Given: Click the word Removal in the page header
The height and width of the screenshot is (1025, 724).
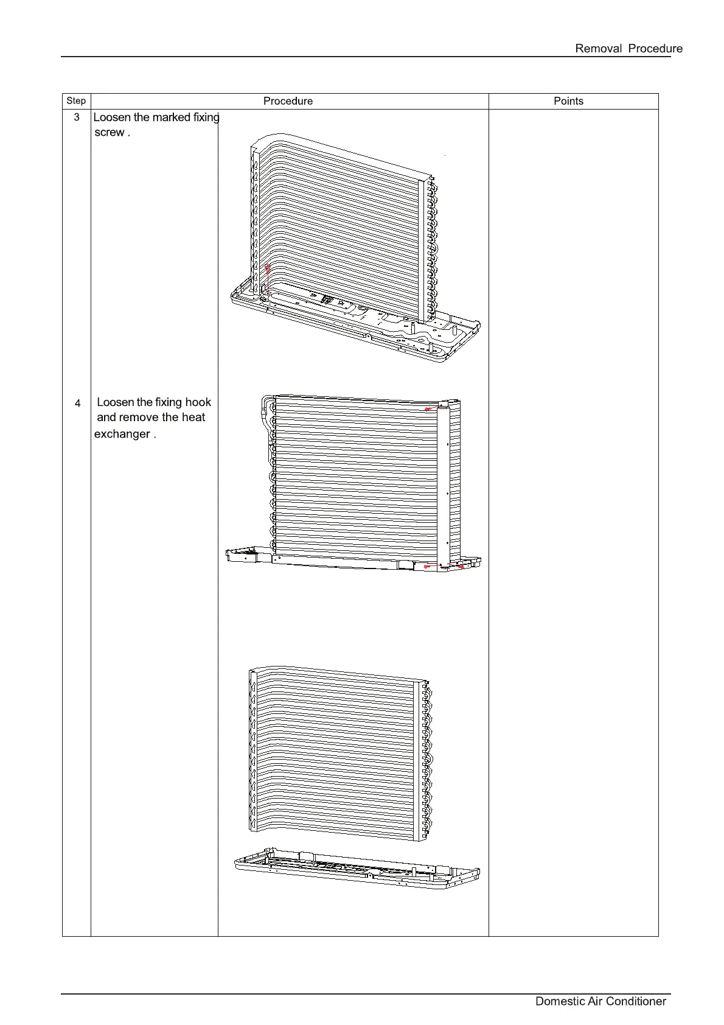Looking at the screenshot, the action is (598, 49).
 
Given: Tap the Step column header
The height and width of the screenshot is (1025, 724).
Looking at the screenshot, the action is (76, 101).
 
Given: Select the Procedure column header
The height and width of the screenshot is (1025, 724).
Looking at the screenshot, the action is (288, 101).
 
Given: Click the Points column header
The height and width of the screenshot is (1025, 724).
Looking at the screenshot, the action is (568, 101).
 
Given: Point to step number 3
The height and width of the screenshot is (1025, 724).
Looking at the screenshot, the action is (77, 117).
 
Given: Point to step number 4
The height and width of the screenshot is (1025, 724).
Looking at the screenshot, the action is (77, 403).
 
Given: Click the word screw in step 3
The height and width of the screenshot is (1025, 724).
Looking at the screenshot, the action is (110, 133).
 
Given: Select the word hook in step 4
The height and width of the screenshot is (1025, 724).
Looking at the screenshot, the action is (198, 402).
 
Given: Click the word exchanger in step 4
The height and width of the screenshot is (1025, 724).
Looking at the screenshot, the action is (122, 434).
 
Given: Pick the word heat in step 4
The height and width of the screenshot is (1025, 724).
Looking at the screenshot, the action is (192, 418).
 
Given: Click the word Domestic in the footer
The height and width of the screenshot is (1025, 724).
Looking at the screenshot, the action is (560, 1001).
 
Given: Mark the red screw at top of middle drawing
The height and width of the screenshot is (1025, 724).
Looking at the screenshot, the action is (429, 410).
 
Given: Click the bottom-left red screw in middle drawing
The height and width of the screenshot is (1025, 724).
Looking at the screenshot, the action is (427, 567).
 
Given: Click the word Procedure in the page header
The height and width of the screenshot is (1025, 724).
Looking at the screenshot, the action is (655, 49).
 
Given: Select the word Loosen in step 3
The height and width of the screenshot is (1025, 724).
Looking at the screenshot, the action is (113, 117).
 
